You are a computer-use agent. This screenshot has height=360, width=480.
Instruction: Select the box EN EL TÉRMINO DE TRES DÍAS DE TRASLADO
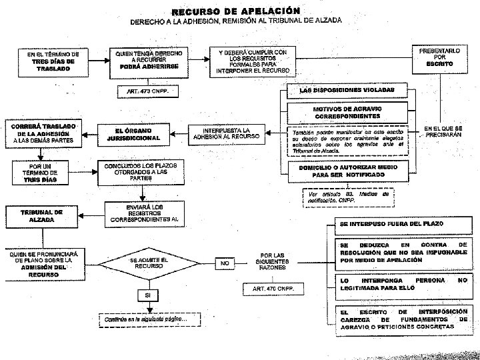(49, 61)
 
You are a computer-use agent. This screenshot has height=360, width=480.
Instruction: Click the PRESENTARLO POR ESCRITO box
(439, 57)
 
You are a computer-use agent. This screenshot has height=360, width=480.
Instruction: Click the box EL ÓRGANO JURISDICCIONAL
(133, 134)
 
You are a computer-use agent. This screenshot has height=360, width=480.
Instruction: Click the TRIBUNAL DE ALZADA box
(41, 215)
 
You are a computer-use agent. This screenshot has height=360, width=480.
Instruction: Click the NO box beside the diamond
(225, 263)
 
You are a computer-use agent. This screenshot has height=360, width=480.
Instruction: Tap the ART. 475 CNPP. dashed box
(273, 289)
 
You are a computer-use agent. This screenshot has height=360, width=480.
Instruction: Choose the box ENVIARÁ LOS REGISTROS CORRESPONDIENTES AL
(144, 212)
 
